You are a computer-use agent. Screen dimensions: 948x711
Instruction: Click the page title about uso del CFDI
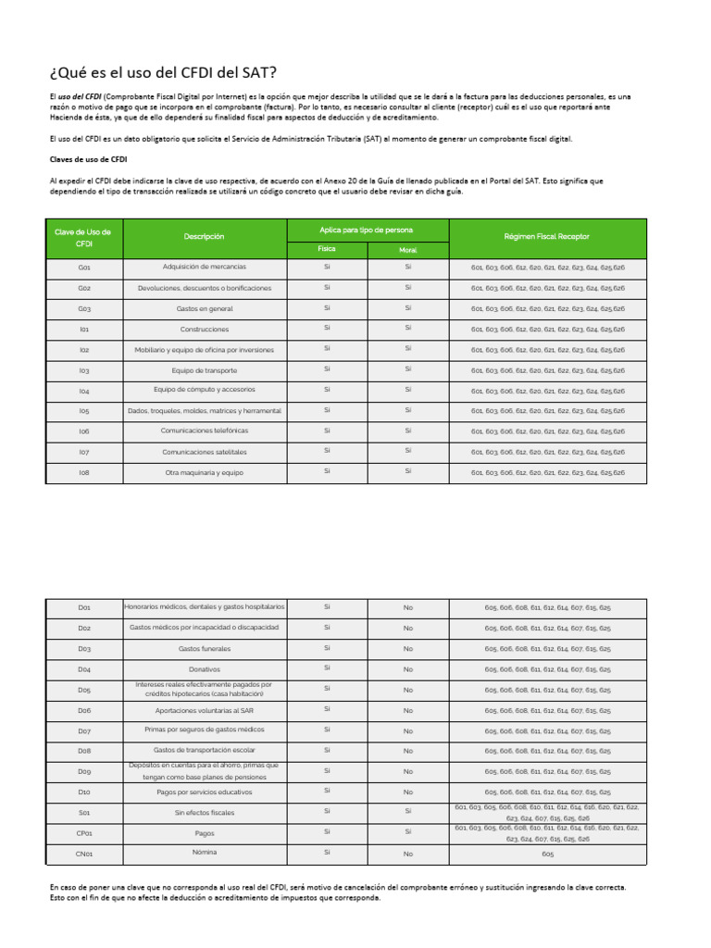tap(162, 72)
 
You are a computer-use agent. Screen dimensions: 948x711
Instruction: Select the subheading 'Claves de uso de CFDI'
tap(87, 158)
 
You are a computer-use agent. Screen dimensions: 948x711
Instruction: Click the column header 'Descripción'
tap(204, 237)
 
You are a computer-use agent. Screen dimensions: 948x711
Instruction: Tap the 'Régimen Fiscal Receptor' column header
tap(548, 237)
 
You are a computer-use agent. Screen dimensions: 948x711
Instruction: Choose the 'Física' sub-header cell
tap(327, 249)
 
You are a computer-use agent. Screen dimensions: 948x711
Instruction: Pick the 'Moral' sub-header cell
tap(407, 250)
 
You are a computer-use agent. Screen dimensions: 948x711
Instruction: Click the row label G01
tap(84, 268)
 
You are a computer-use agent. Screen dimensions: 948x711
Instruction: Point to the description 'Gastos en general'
tap(204, 308)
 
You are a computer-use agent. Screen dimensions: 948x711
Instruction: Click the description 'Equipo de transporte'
tap(204, 370)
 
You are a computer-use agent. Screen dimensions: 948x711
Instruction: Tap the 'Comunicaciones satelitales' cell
tap(204, 452)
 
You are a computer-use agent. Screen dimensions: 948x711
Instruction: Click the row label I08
tap(84, 472)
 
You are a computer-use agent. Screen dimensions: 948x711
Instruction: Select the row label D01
tap(84, 608)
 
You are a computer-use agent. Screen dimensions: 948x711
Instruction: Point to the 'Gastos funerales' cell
tap(204, 649)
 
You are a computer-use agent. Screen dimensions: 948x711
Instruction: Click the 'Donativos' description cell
tap(204, 669)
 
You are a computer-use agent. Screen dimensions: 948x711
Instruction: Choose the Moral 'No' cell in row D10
tap(407, 792)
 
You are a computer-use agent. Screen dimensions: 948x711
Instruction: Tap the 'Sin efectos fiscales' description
tap(204, 813)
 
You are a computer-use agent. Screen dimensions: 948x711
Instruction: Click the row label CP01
tap(84, 833)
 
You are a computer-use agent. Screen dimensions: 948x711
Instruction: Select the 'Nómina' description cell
tap(204, 853)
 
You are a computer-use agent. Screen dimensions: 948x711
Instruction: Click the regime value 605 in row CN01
tap(547, 854)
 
